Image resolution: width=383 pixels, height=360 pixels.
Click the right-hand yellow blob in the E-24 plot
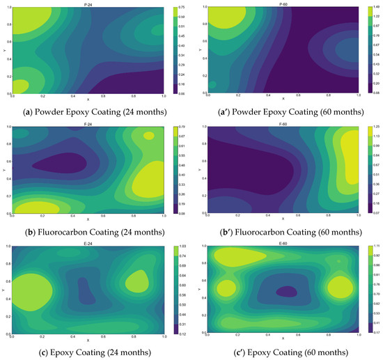click(x=137, y=281)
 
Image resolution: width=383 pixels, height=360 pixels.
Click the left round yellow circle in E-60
click(x=227, y=287)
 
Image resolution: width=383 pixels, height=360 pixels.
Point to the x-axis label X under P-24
click(x=88, y=100)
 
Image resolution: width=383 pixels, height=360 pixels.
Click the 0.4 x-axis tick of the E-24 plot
click(x=72, y=336)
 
